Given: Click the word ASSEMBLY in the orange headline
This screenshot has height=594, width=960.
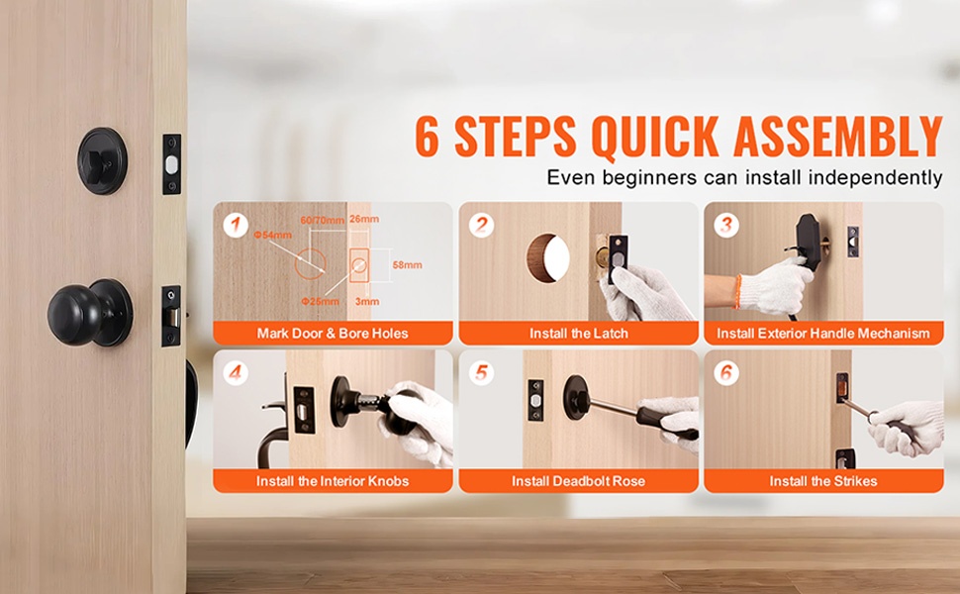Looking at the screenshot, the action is pos(838,136).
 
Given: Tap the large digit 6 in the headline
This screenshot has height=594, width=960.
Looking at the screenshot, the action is pos(428,136).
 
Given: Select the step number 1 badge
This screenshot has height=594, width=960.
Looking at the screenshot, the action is pos(236,226).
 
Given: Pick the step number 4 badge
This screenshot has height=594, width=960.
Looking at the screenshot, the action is pos(236,373).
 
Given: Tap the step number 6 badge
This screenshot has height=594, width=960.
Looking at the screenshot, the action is pos(726,373).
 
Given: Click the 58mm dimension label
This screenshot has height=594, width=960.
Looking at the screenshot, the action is pos(407,265).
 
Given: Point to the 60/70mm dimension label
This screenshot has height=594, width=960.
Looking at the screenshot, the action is pos(323,220).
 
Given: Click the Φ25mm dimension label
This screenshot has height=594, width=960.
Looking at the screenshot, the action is pos(321,301).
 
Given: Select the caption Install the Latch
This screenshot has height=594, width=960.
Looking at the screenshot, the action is pos(579,334).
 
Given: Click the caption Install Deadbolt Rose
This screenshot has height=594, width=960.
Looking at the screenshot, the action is pos(579,481).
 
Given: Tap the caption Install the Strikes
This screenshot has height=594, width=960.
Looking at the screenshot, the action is pos(823,481).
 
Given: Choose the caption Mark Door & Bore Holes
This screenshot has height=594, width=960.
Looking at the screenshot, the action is pos(333,334).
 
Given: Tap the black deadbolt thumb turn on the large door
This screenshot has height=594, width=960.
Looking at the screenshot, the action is pos(102,161).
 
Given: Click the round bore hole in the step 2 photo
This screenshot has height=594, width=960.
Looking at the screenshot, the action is pos(548,257).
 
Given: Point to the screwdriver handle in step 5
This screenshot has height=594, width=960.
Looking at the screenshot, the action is pos(667,422).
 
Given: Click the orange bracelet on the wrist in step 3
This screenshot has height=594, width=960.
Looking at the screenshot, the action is pos(737,291).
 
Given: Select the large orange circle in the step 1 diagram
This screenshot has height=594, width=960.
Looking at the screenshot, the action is pos(310,264).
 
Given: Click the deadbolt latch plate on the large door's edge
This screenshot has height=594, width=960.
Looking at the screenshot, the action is pos(172,164).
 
